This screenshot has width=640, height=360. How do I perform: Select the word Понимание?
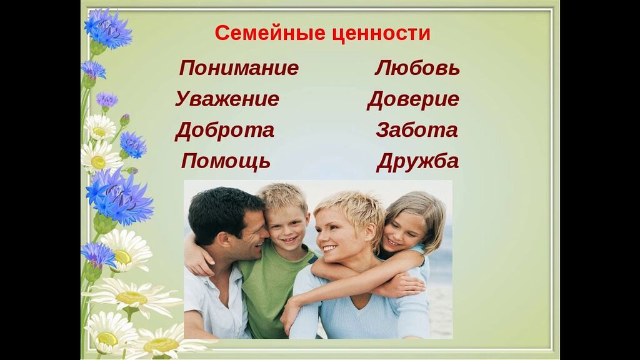point(239,67)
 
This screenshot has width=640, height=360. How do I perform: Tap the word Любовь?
point(417,67)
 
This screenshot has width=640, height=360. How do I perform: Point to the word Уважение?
point(227,99)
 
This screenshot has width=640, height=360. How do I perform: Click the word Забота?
point(417,130)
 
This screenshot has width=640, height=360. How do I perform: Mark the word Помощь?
point(226,162)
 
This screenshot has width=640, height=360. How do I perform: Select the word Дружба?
point(417,162)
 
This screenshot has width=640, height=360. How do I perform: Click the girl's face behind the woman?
point(402,231)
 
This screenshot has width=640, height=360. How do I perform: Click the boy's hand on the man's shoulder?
point(198,261)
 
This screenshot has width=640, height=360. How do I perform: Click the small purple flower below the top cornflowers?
point(107,99)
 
